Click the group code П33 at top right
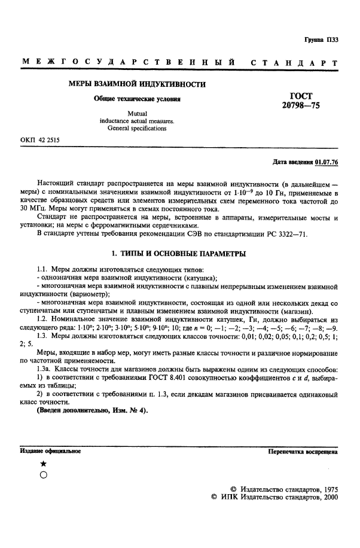point(332,40)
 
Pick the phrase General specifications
point(137,128)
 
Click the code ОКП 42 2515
point(39,141)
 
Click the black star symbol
point(42,464)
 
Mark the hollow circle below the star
point(42,475)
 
